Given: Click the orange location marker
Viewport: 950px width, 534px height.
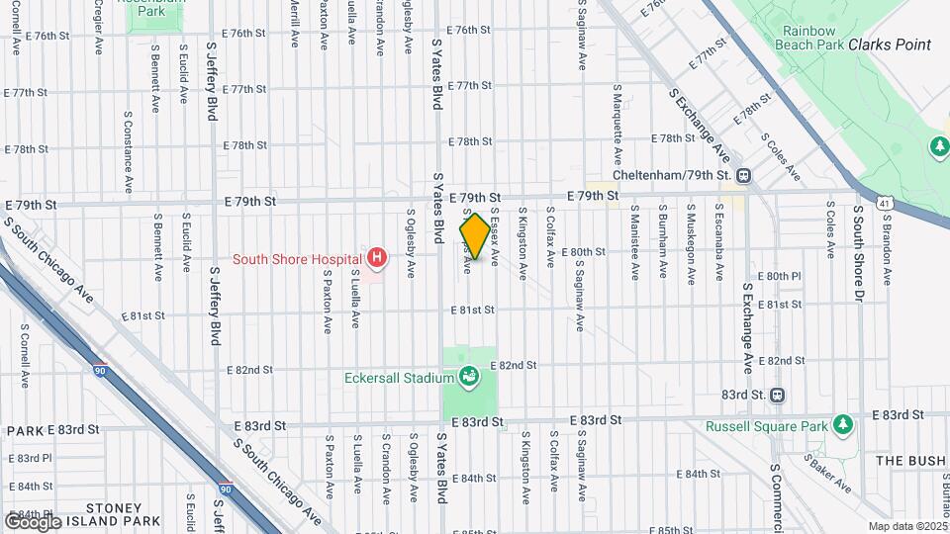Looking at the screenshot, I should click(475, 237).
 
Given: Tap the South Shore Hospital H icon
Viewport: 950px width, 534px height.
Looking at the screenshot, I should click(376, 259).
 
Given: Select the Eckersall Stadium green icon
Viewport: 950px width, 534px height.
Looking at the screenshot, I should click(468, 376).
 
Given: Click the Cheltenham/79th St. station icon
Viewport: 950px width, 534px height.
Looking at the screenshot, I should click(742, 175).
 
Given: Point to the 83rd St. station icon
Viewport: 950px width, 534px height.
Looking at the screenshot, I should click(778, 394).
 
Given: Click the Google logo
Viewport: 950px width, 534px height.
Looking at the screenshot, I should click(34, 521).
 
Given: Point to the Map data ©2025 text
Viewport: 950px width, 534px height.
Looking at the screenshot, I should click(906, 526).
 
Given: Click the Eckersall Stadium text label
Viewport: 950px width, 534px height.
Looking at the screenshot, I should click(398, 377).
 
